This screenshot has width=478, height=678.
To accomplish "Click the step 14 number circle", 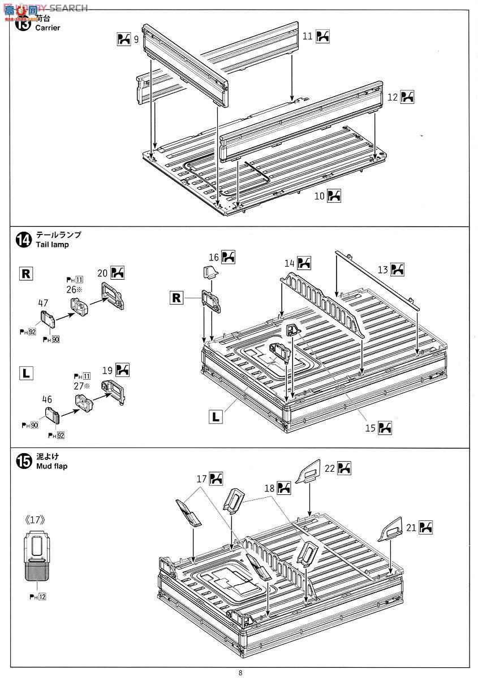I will click(23, 240).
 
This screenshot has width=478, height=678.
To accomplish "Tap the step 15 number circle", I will click(23, 461).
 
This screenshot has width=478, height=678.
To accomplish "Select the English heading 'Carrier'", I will click(48, 28).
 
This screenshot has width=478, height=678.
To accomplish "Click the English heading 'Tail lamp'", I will click(52, 245).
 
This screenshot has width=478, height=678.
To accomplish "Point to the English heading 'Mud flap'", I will click(51, 466).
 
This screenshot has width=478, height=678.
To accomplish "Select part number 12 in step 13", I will click(393, 97).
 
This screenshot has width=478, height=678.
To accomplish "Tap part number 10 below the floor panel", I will click(319, 195).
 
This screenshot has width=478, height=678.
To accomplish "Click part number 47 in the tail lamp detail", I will click(43, 303).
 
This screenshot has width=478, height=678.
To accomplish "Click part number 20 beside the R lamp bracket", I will click(102, 272).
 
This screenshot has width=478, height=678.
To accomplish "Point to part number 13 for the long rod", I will click(383, 270).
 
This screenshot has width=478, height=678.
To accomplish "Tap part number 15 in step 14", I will click(370, 428).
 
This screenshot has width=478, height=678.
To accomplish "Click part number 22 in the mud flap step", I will click(330, 468).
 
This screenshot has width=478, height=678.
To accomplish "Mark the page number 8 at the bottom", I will click(240, 672).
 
